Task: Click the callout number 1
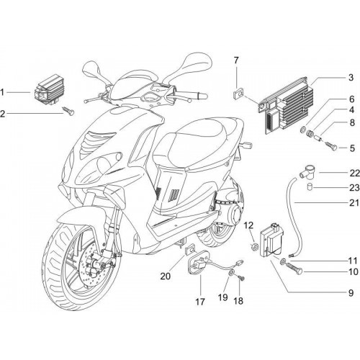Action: (2, 92)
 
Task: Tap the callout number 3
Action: (351, 78)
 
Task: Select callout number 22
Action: (354, 173)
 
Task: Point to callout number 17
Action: (200, 302)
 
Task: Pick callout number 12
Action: (249, 225)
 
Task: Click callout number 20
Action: (166, 276)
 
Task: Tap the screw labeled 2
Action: (68, 111)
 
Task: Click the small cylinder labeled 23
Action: (310, 186)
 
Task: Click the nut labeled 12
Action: (256, 246)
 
